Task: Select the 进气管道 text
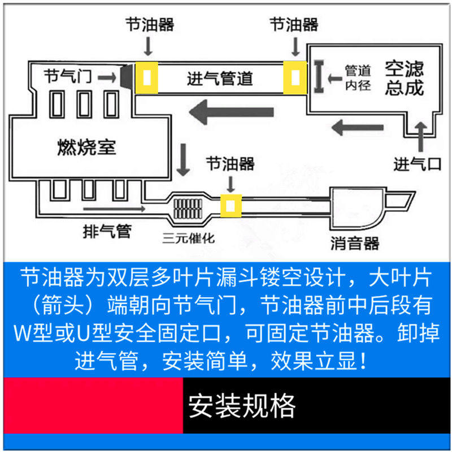(220, 79)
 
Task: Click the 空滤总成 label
(404, 79)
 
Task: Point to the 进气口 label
(417, 164)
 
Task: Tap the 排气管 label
(107, 230)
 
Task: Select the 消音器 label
(355, 243)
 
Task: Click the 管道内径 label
(358, 78)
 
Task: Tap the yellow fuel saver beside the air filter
(295, 77)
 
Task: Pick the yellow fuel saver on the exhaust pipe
(231, 206)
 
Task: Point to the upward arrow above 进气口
(420, 134)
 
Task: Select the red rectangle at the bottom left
(93, 406)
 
